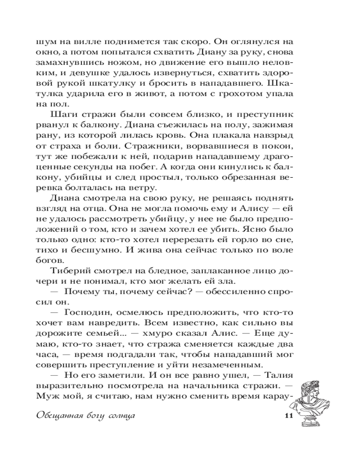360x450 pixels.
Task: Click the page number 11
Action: (x=288, y=414)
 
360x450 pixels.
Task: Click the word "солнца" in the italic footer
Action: (x=118, y=414)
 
